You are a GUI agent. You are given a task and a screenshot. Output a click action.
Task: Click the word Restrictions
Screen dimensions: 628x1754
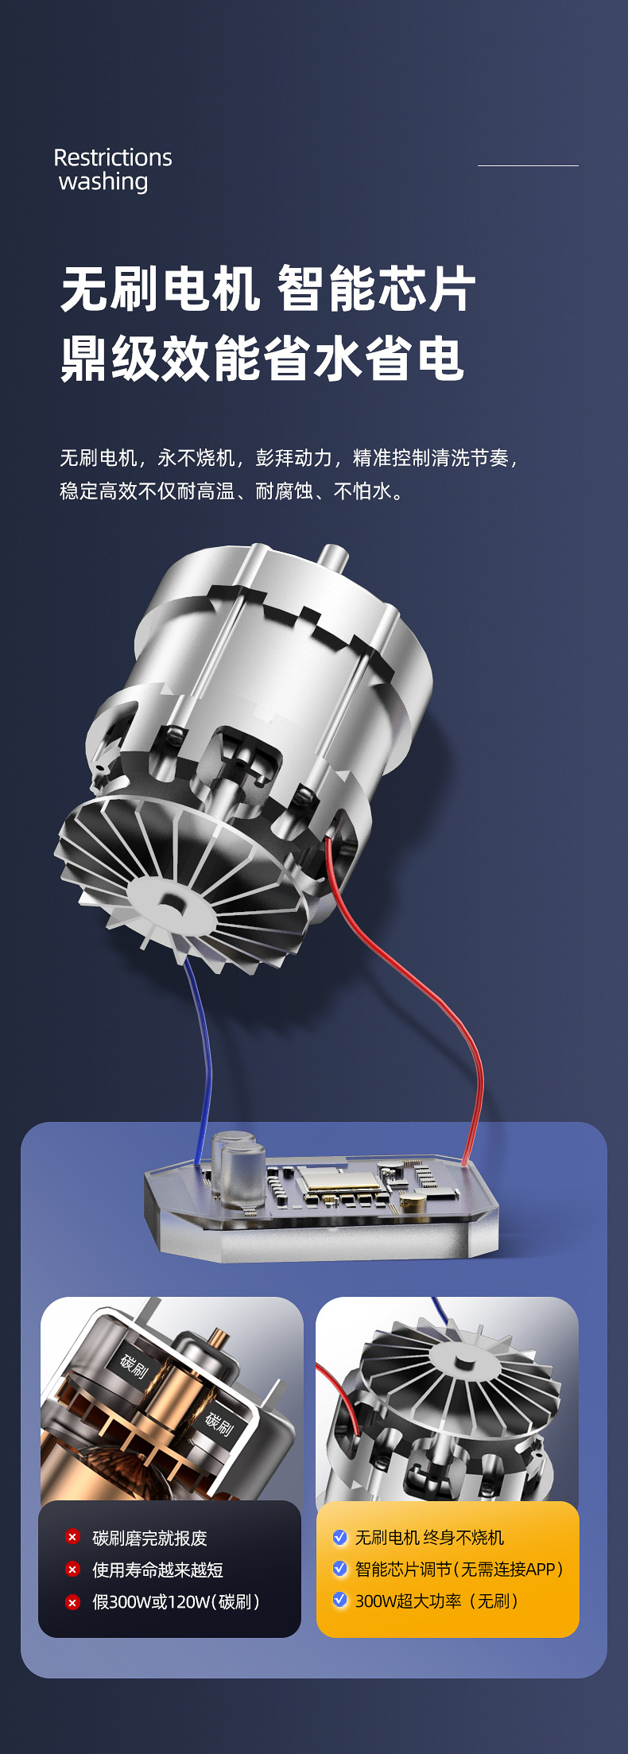[113, 157]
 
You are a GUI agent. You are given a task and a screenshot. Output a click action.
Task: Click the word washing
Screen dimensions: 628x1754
[103, 182]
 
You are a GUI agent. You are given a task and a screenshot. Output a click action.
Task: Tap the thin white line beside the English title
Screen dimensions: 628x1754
[528, 165]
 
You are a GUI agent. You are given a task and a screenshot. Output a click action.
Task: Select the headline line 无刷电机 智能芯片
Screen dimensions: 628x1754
[269, 289]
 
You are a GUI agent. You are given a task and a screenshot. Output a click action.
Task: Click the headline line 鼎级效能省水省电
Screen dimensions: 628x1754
[262, 359]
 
